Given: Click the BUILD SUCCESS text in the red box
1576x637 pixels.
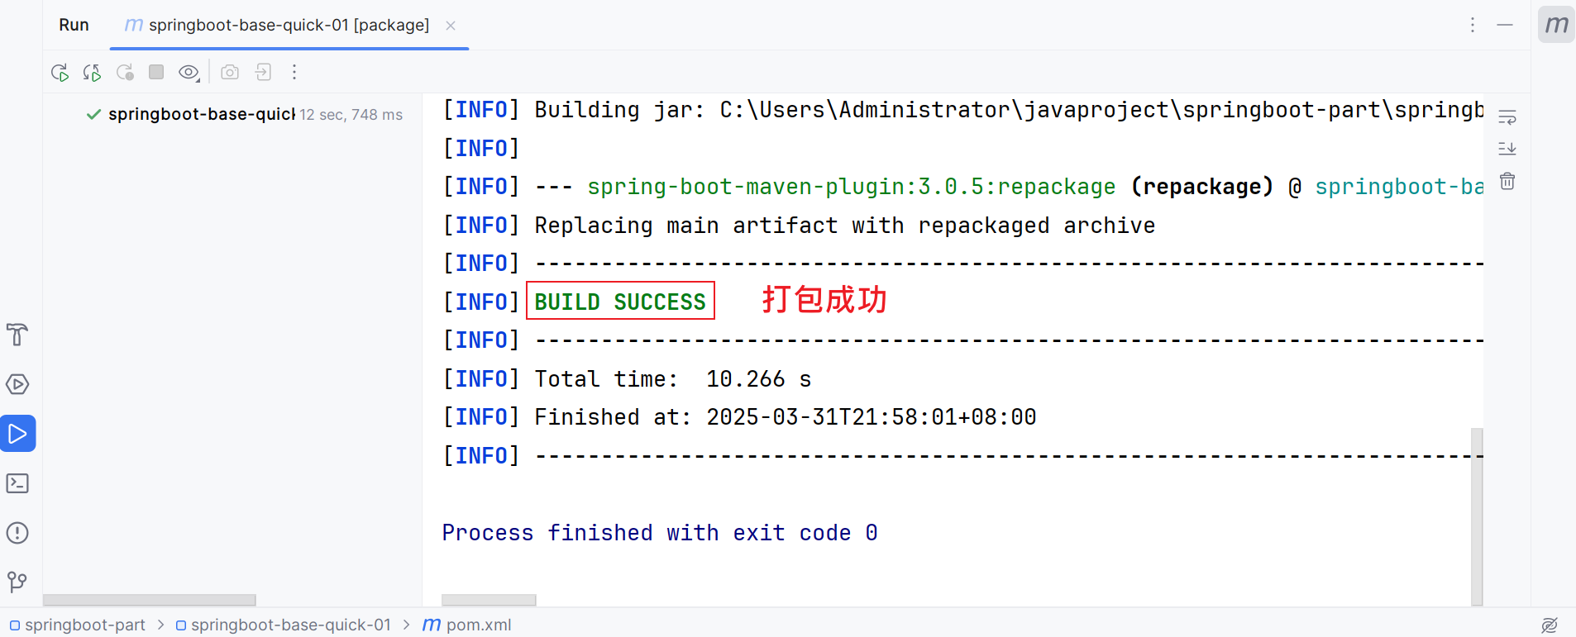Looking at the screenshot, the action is click(620, 302).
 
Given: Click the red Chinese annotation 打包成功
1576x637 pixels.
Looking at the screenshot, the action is click(824, 300).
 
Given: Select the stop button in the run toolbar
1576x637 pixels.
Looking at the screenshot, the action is click(156, 72).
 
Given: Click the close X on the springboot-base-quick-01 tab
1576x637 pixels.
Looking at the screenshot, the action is click(451, 26).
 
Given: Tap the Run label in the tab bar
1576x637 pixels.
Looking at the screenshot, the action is click(74, 25).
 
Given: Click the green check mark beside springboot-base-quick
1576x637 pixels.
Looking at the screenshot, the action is click(93, 114).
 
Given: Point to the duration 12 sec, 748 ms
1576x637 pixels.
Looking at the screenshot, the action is click(351, 115).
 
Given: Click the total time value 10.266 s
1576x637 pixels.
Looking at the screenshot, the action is click(757, 379).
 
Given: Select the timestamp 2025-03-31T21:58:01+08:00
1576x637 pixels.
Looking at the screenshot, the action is click(871, 417).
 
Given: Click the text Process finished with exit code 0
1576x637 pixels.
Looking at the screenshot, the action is click(659, 533).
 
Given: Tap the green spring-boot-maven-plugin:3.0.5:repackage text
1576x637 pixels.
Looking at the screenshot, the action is click(851, 187).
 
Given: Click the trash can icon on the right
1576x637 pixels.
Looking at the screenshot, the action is click(1507, 181).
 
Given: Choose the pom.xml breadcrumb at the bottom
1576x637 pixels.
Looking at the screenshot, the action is click(478, 625).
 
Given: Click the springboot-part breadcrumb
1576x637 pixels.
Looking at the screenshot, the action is click(84, 625).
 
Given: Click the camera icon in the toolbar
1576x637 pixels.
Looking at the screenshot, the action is click(230, 72).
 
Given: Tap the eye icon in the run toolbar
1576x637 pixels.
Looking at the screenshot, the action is click(189, 72).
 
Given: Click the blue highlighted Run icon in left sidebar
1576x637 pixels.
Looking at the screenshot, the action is click(17, 434).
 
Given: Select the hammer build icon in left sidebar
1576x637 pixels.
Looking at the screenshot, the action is click(17, 335).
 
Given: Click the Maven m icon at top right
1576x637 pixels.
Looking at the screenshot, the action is click(1556, 25).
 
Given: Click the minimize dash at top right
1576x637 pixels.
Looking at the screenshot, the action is click(1505, 25).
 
